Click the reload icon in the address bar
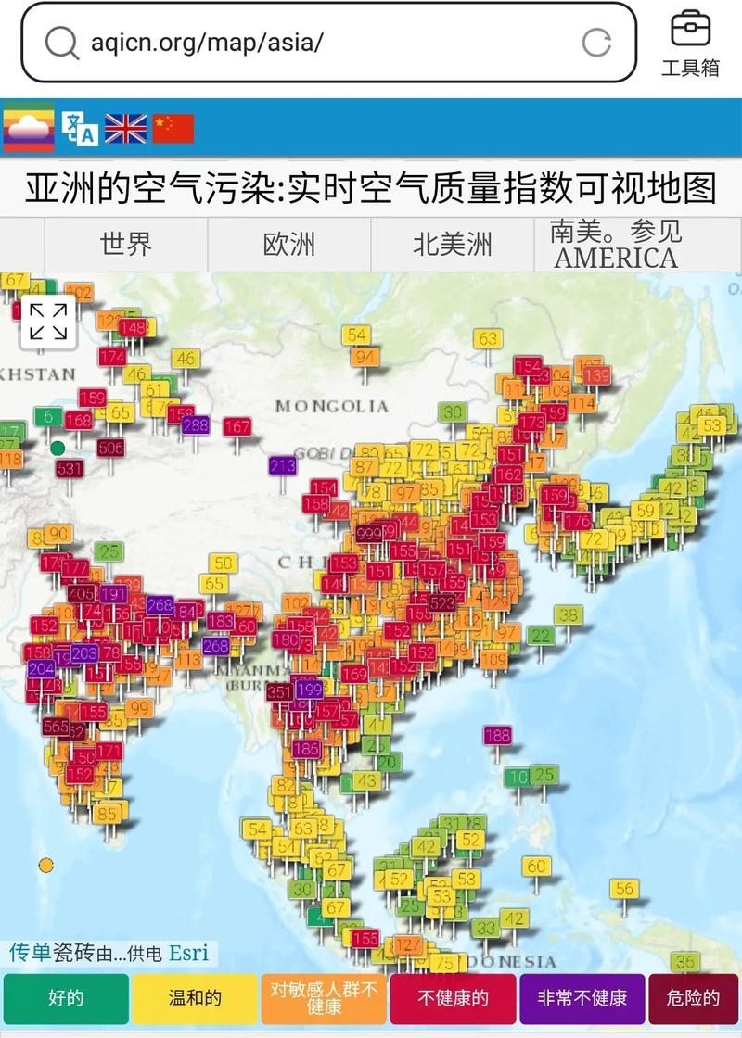click(596, 42)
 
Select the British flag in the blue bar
click(126, 128)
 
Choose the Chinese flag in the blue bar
click(173, 128)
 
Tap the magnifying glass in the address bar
click(61, 43)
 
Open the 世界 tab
click(126, 245)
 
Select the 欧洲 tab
click(289, 245)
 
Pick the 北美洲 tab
click(453, 245)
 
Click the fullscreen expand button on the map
click(48, 322)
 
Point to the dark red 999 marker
click(369, 533)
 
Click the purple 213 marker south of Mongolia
click(282, 465)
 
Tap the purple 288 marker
click(196, 425)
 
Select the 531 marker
click(70, 469)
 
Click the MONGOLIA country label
click(331, 406)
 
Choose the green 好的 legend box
click(66, 998)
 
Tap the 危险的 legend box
click(693, 998)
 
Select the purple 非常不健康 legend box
click(582, 998)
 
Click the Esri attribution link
click(188, 953)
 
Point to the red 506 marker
click(110, 449)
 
